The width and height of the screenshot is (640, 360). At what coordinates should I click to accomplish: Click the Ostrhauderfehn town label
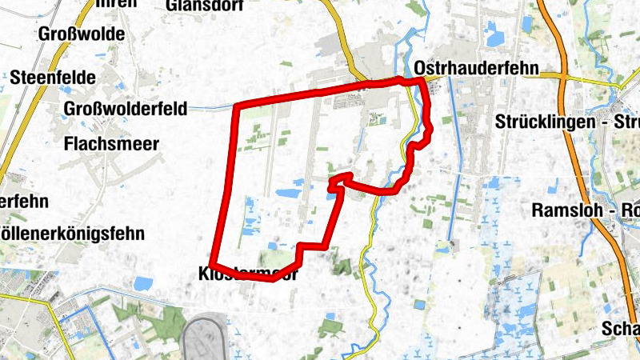[477, 68]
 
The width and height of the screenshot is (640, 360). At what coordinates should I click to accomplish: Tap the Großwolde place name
[82, 34]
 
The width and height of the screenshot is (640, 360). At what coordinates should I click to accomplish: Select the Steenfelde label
[54, 78]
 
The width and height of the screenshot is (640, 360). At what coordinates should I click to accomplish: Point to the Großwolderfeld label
[126, 109]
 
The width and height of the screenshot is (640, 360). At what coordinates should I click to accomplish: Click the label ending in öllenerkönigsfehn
[72, 234]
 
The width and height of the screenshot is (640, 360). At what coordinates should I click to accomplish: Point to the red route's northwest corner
[236, 106]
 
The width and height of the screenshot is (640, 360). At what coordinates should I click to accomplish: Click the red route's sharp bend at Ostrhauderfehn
[422, 80]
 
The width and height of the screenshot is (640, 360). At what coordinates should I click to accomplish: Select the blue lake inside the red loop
[287, 193]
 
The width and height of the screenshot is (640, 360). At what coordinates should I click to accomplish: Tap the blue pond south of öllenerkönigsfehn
[144, 283]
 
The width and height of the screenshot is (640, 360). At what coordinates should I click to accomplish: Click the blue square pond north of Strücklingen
[493, 36]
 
